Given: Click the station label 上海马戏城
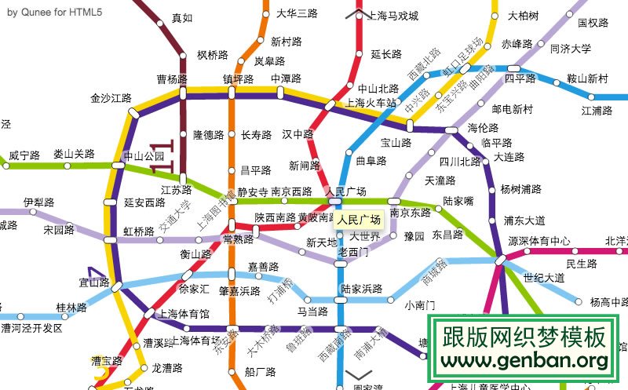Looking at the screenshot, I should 392,16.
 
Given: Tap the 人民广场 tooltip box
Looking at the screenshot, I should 358,220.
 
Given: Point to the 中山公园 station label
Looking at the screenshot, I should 149,156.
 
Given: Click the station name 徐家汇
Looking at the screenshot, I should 194,289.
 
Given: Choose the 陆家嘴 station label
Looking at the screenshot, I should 458,202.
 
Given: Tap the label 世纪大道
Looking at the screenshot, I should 543,277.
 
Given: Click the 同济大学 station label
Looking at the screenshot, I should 570,49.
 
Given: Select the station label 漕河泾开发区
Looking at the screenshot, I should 31,327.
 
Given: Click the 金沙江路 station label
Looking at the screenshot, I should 111,98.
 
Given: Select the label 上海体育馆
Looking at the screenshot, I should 184,314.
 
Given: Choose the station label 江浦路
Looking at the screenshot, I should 597,111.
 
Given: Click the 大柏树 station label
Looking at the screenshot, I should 523,16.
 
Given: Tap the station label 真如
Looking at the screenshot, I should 181,18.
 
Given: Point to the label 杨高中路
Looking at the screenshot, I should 608,301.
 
